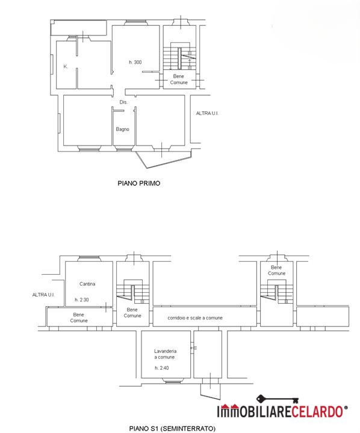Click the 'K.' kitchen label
66,67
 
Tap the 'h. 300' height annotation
135,62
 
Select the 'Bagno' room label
122,129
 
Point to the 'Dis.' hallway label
123,102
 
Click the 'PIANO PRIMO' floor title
139,183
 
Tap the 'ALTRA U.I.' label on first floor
207,113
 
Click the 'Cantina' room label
87,284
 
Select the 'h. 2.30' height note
82,299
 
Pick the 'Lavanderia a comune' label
165,354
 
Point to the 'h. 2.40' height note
162,368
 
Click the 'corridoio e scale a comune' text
195,318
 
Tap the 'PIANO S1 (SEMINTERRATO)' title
172,428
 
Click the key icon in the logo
278,399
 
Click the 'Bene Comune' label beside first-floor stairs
179,79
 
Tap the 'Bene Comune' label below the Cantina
79,318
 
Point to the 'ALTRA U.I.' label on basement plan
43,295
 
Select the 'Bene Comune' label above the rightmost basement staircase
276,271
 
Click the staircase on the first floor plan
180,56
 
